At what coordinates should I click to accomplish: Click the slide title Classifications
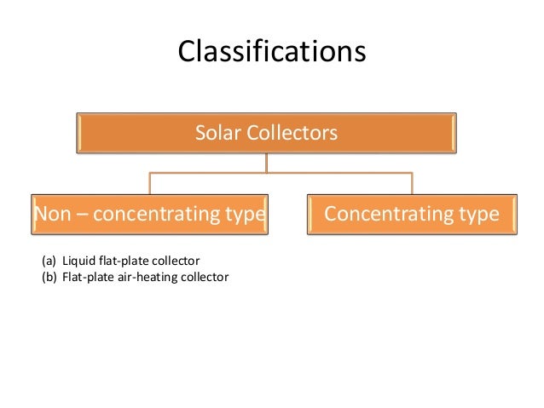pos(271,52)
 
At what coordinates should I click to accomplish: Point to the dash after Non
pos(81,214)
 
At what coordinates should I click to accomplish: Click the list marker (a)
pos(49,261)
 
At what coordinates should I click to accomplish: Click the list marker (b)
pos(49,276)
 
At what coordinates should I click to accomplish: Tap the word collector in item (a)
pos(175,261)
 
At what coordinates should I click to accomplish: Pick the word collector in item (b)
pos(205,276)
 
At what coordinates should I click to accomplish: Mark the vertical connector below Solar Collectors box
pos(266,163)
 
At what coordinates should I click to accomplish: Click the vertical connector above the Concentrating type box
pos(412,183)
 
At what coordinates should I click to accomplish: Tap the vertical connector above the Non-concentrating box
pos(150,183)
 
